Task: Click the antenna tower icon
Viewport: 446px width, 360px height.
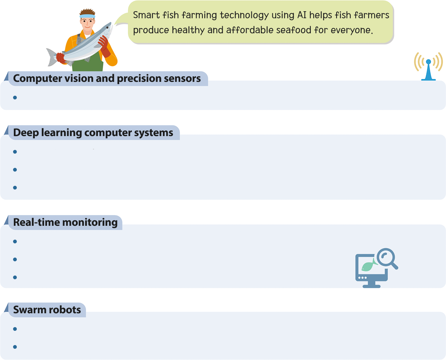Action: click(428, 67)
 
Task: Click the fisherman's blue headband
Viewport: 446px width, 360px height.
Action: click(88, 16)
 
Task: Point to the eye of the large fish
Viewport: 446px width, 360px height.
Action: click(108, 27)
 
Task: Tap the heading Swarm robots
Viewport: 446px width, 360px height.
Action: click(47, 310)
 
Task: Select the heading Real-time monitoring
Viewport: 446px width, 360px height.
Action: click(65, 222)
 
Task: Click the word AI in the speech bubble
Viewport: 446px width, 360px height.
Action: click(302, 15)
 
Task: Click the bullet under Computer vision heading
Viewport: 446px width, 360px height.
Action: click(15, 98)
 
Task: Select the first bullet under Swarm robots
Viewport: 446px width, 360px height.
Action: click(15, 329)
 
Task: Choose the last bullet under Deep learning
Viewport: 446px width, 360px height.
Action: click(15, 188)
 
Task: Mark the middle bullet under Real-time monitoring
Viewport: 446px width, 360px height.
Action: click(15, 259)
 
